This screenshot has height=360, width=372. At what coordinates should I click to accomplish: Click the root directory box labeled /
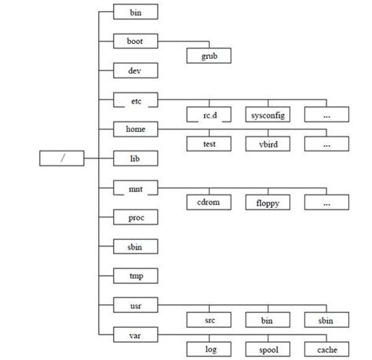click(60, 158)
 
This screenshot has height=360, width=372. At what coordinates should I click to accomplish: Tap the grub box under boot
click(209, 56)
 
